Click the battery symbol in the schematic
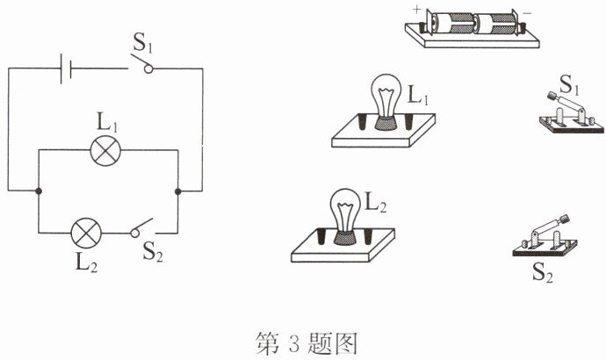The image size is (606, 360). coord(66,68)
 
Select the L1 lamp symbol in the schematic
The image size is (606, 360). coord(105,151)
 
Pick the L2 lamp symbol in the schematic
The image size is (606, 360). coord(86,233)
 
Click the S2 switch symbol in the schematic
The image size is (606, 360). coord(141,228)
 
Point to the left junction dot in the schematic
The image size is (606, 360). coord(39,191)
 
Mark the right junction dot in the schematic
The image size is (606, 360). coord(177,191)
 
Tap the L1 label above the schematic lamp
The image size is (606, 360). coord(107,123)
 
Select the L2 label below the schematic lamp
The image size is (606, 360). coord(86,263)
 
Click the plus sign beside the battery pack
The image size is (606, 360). coord(416,10)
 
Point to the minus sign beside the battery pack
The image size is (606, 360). coord(527,13)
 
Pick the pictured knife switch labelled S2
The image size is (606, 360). coord(545,235)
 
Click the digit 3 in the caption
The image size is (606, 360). coord(293,343)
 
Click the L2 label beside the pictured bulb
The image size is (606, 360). coord(376,203)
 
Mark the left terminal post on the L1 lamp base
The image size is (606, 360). coord(363,122)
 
